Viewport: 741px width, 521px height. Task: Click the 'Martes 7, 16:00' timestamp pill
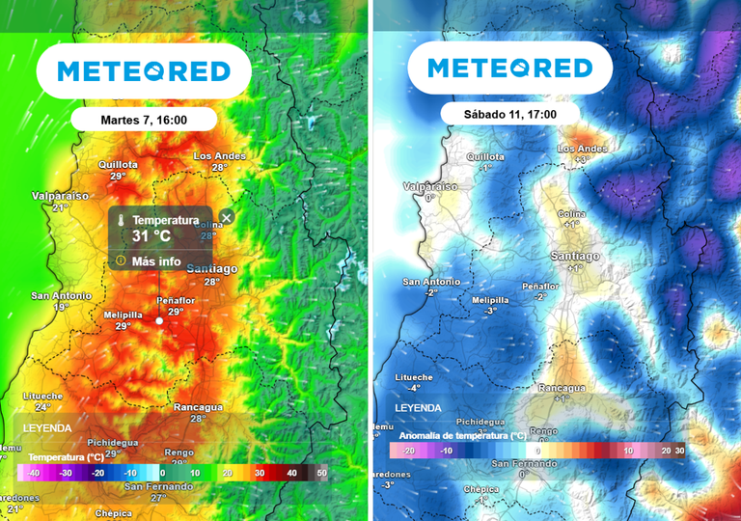pos(143,120)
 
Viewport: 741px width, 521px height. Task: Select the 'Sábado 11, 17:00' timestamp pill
pos(510,113)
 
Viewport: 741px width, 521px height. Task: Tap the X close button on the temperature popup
pos(226,217)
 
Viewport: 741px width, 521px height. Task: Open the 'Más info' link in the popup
pos(155,260)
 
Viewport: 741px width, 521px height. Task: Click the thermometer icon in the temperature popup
pos(122,221)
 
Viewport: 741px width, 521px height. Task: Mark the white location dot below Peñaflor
pos(160,320)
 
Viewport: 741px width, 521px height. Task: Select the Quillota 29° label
pos(118,170)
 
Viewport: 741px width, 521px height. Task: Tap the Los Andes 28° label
pos(220,161)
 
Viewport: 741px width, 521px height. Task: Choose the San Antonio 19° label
pos(61,301)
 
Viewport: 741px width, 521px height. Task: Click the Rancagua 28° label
pos(198,412)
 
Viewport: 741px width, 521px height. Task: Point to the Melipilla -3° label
pos(490,305)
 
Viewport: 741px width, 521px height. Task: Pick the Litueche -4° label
pos(413,382)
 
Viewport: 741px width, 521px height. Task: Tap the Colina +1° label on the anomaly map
pos(571,219)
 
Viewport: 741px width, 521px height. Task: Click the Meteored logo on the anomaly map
pos(509,69)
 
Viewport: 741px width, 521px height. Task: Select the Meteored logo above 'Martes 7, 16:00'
pos(144,71)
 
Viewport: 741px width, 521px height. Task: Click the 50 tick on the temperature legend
pos(321,473)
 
